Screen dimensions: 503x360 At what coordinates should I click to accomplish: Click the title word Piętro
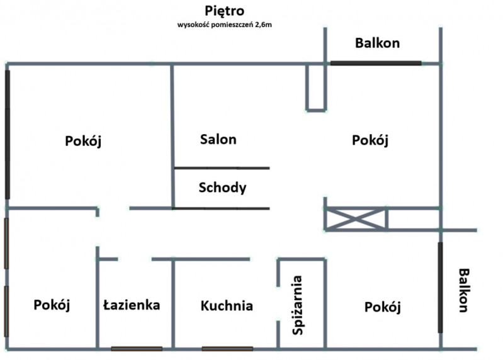[x=225, y=11]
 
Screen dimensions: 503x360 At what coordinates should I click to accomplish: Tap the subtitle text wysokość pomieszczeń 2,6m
[x=225, y=25]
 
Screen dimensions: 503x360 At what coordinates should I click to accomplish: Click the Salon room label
[x=218, y=140]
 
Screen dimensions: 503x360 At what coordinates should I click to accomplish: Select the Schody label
[x=222, y=188]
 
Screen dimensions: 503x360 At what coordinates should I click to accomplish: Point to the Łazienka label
[x=132, y=305]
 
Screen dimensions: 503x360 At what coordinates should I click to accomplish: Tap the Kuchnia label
[x=227, y=306]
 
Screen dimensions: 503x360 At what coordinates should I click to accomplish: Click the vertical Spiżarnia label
[x=298, y=305]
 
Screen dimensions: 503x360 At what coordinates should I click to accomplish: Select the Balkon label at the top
[x=377, y=43]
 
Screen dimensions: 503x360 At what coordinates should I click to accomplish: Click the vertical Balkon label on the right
[x=464, y=290]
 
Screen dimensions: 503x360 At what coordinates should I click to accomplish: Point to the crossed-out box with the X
[x=356, y=219]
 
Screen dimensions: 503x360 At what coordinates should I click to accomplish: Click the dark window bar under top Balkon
[x=376, y=63]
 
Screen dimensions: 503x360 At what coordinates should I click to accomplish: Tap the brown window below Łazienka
[x=137, y=349]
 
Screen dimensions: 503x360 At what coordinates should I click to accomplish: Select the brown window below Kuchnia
[x=227, y=349]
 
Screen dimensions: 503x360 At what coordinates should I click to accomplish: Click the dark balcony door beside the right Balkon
[x=440, y=288]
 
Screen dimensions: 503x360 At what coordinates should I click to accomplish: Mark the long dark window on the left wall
[x=8, y=135]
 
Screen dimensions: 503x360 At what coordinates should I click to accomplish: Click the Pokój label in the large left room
[x=83, y=141]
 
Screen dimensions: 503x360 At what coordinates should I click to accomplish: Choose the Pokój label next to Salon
[x=370, y=140]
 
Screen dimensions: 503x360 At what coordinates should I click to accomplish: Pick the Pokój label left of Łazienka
[x=52, y=305]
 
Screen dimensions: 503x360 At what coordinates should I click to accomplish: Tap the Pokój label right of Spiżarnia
[x=383, y=307]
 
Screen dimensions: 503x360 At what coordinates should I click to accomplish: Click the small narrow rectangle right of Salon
[x=316, y=111]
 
